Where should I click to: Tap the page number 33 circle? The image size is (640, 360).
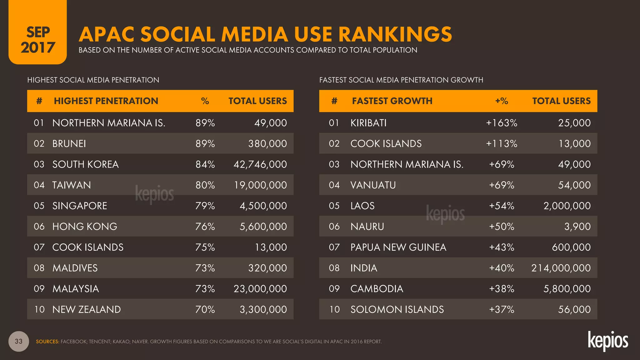pos(19,341)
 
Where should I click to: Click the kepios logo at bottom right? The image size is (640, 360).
pos(607,341)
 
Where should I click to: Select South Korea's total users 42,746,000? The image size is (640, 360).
pos(260,164)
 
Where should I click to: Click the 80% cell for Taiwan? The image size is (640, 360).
pos(205,185)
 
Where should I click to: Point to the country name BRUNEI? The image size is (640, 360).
pos(69,144)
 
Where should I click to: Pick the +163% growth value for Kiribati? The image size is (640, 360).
pos(501,123)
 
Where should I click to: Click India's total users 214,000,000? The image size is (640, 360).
pos(561,268)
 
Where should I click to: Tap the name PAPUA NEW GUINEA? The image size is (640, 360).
pos(398,247)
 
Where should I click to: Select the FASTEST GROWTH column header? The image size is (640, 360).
pos(392,101)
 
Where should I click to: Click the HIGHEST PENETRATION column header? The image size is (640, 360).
pos(106,101)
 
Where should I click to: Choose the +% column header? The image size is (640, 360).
pos(501,101)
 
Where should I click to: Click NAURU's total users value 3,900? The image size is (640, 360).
pos(577,227)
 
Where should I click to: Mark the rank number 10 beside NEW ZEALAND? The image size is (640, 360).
pos(39,309)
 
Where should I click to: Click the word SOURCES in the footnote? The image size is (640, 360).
pos(47,342)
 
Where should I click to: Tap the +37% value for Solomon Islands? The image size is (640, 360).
pos(501,309)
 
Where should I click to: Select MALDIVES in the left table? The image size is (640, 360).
pos(75,268)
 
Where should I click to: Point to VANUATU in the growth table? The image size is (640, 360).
pos(373,185)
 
